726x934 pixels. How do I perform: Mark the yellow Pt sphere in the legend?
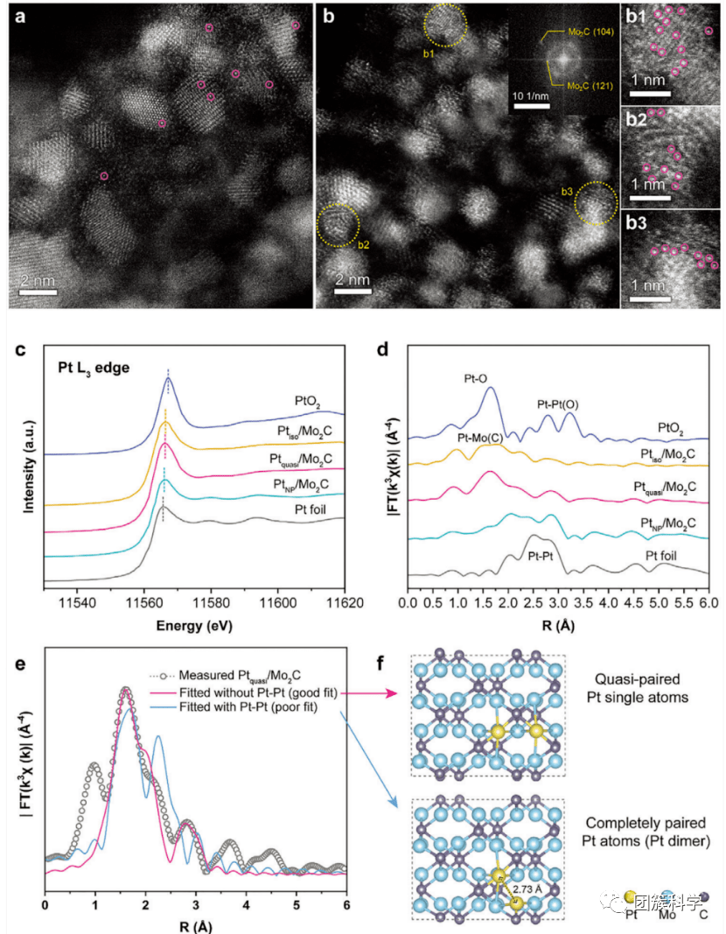pyautogui.click(x=630, y=897)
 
